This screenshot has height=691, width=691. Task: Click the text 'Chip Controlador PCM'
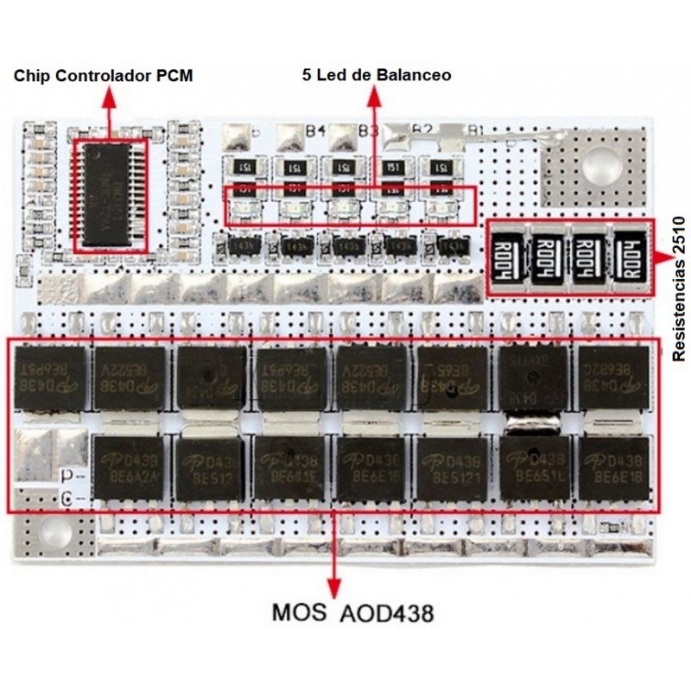103,76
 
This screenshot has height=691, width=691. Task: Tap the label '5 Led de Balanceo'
377,75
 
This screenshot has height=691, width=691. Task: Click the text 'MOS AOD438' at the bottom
352,613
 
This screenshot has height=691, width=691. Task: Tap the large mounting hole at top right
595,163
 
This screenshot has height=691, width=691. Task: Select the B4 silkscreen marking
315,130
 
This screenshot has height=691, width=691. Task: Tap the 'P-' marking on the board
73,475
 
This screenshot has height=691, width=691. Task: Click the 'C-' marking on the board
73,498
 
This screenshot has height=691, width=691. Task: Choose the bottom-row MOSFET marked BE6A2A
127,467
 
